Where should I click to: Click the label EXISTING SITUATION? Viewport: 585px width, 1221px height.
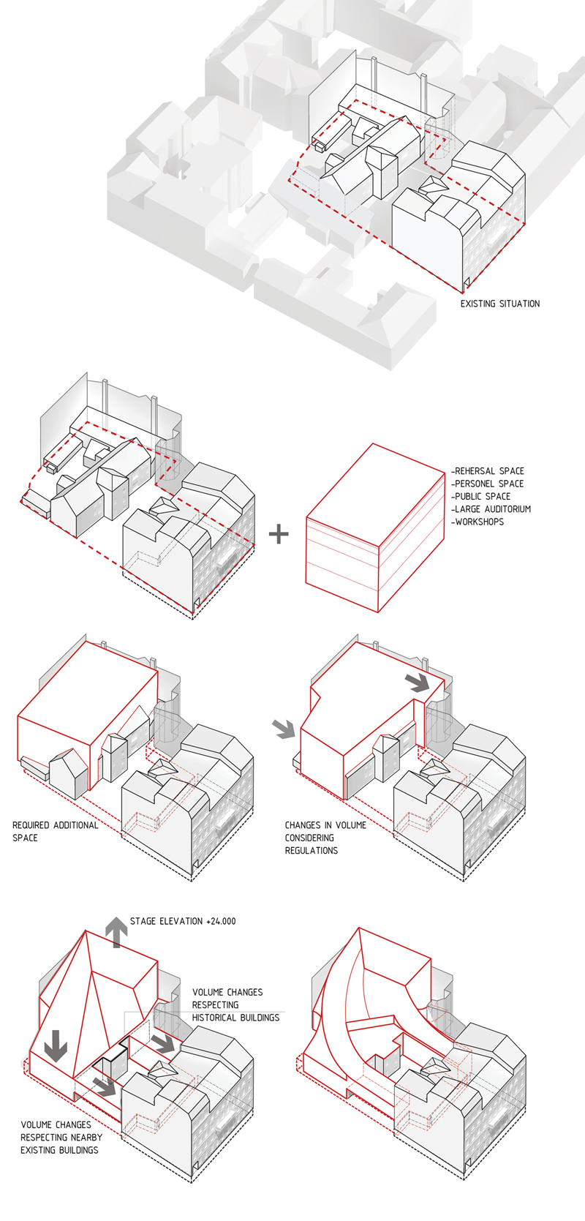click(499, 304)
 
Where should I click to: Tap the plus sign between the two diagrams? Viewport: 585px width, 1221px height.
click(279, 534)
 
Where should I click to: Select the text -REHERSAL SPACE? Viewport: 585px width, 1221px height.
click(488, 471)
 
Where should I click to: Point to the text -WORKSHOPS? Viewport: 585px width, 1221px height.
click(478, 522)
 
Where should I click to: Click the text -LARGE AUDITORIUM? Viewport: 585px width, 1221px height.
click(491, 509)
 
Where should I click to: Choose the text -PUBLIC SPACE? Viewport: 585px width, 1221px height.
click(480, 496)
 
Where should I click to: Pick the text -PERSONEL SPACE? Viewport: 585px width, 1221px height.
click(487, 484)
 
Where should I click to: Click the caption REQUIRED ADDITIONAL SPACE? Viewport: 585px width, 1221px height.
click(55, 831)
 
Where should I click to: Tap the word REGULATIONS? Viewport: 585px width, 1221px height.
click(312, 851)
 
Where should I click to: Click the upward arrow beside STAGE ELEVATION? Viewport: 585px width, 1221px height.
click(116, 931)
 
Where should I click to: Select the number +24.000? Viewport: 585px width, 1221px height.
click(221, 921)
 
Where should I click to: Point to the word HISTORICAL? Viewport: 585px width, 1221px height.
click(217, 1018)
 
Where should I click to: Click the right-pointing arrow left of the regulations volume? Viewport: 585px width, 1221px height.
click(284, 728)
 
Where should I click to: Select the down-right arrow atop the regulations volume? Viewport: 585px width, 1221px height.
click(418, 682)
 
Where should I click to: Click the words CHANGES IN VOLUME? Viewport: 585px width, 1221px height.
click(325, 825)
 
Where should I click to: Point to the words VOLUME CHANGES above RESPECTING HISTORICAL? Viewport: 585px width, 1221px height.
click(227, 993)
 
